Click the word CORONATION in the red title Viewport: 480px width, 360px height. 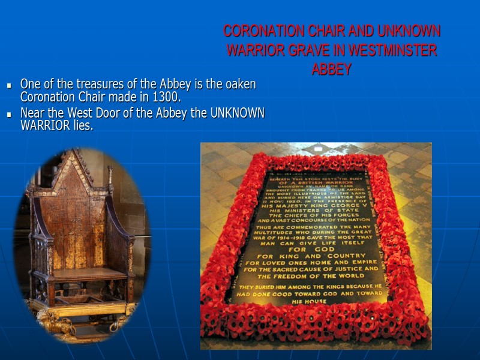(x=263, y=31)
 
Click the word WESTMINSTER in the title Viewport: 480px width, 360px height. (x=393, y=50)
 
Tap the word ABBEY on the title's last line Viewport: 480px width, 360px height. (x=331, y=70)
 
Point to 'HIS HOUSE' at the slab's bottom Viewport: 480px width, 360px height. (x=310, y=301)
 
